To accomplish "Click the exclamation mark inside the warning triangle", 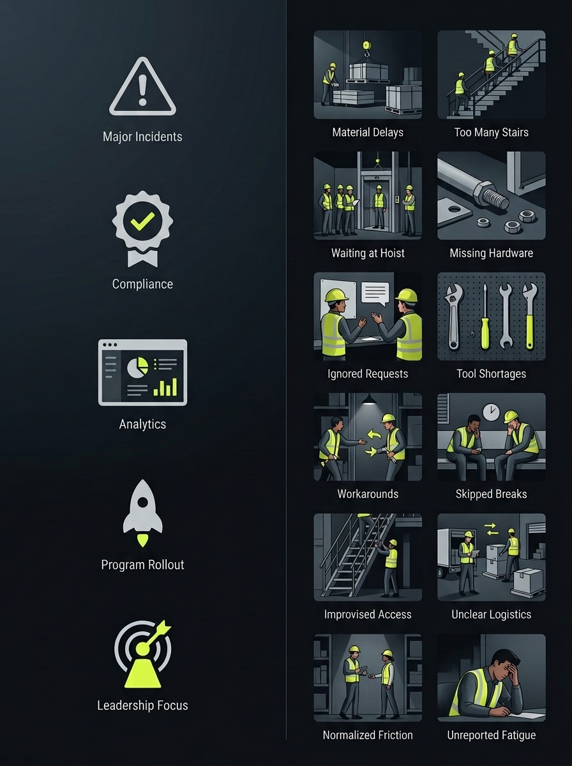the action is (142, 90).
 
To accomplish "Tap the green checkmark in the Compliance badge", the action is (142, 221).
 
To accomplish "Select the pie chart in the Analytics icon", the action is (137, 368).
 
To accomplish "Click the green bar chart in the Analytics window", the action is (165, 387).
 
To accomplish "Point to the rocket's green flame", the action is (142, 540).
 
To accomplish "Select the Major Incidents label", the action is (142, 137).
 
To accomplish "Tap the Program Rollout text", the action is (142, 565).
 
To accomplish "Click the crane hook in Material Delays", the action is (366, 49).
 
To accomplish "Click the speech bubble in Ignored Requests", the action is (375, 294).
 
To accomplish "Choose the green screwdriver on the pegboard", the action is (485, 317).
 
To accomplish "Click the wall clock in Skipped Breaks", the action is (491, 412).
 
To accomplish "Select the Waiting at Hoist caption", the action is (368, 253).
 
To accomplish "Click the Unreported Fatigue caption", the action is (491, 735).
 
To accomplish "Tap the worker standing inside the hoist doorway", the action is (379, 206).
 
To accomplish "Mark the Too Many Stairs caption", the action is (491, 132).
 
